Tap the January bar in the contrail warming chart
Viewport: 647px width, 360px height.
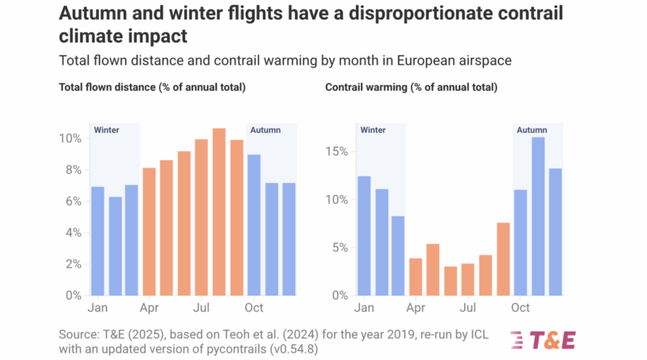point(364,235)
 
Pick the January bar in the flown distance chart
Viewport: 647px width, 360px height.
point(97,241)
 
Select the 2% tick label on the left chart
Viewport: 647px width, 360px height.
point(73,264)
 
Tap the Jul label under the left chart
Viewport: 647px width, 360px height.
point(201,308)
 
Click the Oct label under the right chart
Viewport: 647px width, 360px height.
point(520,308)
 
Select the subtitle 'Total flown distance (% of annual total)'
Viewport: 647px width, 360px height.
point(152,87)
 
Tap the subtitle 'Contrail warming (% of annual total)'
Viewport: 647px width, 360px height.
point(411,87)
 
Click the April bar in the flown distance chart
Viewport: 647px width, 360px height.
point(150,231)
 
